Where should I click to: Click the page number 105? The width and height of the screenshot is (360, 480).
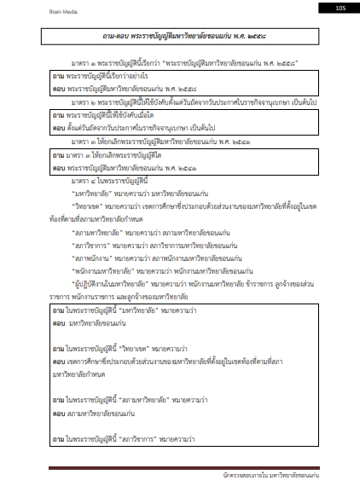pos(340,7)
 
